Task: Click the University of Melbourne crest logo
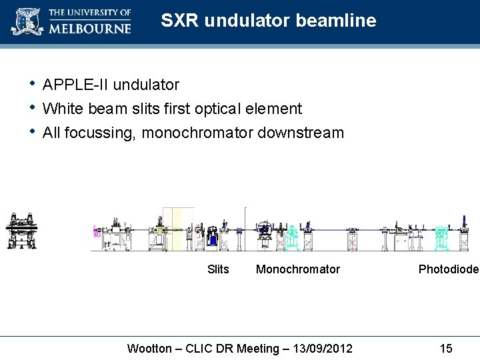click(27, 21)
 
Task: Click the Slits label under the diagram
click(218, 269)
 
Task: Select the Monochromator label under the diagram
click(298, 269)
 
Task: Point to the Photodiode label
click(448, 269)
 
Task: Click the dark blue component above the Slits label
click(212, 237)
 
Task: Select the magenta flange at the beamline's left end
click(96, 233)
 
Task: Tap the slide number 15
click(446, 349)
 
